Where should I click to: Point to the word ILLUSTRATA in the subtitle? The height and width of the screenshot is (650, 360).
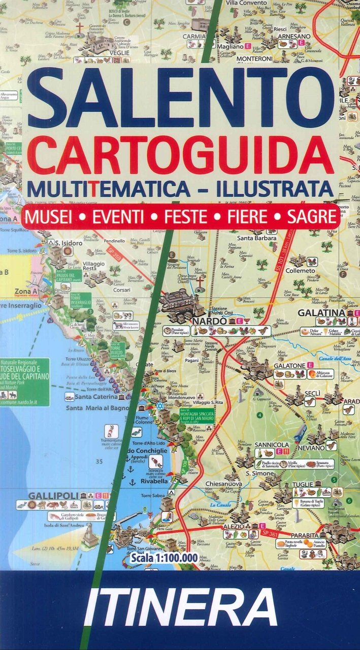(274, 188)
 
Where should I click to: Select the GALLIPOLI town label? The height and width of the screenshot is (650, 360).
(46, 496)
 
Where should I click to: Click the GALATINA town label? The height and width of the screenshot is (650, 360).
(322, 313)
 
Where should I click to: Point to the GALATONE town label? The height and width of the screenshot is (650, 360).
(289, 365)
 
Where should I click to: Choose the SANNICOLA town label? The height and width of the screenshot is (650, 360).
(272, 444)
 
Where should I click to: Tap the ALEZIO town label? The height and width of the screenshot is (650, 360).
(234, 527)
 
